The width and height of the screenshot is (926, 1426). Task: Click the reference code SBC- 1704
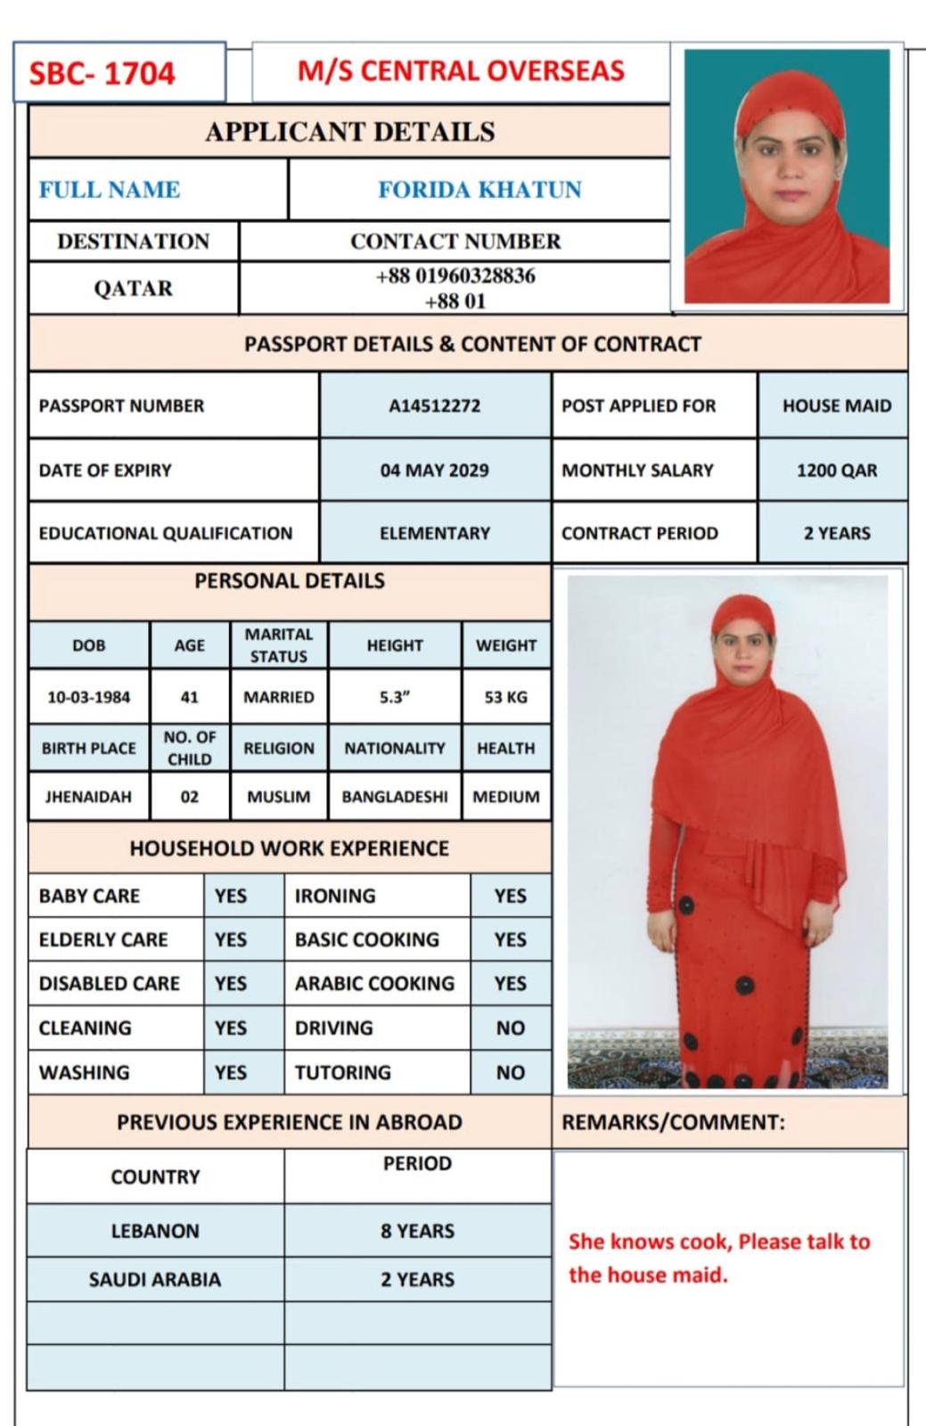102,73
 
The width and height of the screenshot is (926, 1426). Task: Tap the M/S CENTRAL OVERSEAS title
461,71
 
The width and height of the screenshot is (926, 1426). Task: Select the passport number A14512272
434,406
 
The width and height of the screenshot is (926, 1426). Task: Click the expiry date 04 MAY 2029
434,471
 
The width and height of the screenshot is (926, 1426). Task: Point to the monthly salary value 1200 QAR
836,471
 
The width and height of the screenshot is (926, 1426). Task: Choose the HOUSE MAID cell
836,406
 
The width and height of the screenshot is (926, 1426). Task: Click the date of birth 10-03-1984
88,697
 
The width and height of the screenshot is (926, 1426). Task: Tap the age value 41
189,697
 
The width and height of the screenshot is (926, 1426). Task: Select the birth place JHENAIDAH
88,797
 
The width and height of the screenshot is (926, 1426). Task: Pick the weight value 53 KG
505,697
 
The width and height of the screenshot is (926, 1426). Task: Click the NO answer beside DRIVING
510,1029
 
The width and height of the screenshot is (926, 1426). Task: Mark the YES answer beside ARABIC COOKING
510,984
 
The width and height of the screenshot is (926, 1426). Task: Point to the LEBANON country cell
155,1232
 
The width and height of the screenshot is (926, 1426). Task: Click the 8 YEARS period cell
417,1232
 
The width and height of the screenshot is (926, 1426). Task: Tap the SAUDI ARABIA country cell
155,1280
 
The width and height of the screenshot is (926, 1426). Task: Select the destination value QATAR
133,289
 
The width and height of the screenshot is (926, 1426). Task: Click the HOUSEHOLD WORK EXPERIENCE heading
289,848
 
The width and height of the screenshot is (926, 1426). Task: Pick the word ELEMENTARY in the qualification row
434,534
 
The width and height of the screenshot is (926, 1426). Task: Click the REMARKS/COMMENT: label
673,1122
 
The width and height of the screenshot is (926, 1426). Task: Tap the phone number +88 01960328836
455,276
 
